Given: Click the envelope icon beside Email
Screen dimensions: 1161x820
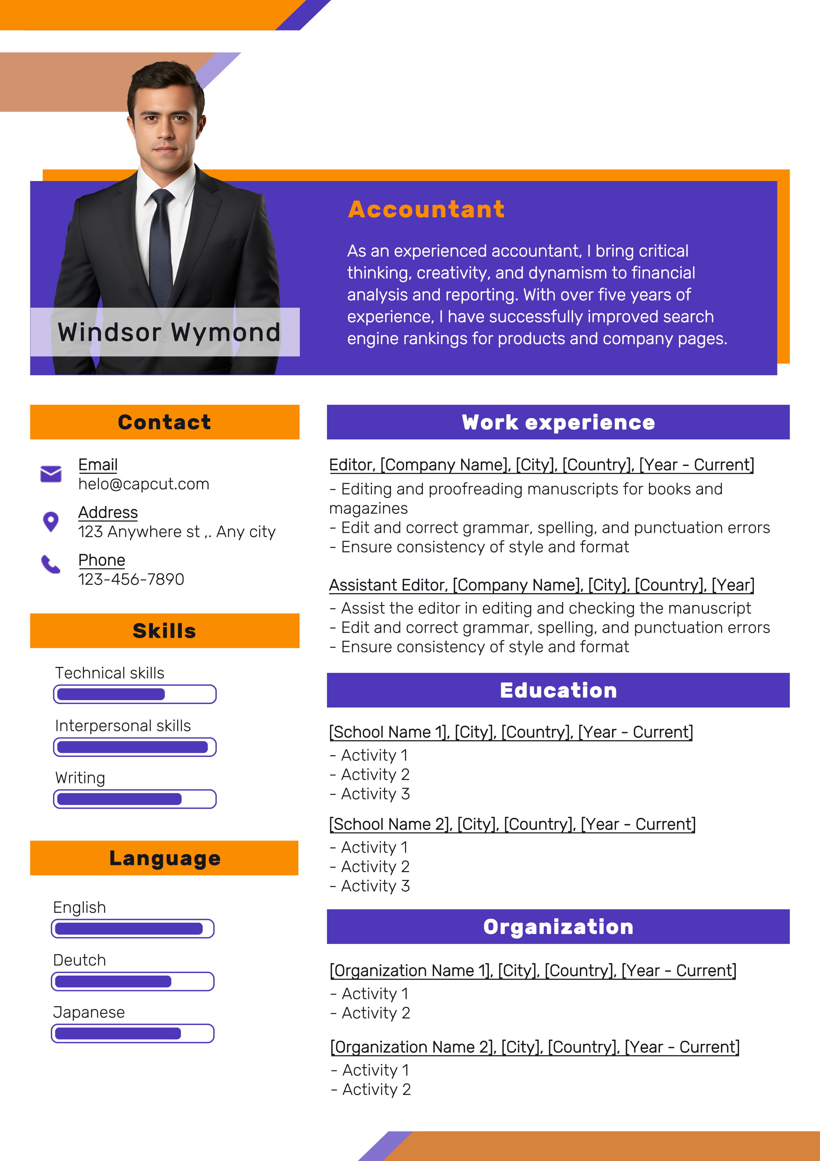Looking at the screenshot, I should click(x=51, y=474).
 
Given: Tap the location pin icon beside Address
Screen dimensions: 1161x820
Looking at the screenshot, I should click(x=51, y=521).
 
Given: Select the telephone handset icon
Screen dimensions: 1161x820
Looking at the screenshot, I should click(x=51, y=564).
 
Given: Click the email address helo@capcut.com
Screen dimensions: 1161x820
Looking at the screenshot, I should click(x=143, y=484).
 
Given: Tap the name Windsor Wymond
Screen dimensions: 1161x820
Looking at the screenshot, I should click(x=169, y=332).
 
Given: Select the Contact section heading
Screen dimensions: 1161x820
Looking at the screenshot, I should click(x=165, y=422).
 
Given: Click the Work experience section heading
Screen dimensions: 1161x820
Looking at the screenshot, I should click(x=558, y=422).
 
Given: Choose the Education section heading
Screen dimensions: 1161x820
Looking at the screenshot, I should click(x=558, y=690).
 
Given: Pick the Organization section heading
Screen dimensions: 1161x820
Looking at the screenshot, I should click(x=558, y=927).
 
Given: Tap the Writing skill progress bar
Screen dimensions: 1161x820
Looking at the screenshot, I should click(x=135, y=799).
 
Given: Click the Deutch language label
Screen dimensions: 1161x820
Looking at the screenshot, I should click(x=80, y=960).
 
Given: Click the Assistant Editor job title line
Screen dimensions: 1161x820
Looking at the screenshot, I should click(x=541, y=585).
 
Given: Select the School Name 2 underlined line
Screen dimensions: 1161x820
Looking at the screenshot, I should click(x=512, y=824).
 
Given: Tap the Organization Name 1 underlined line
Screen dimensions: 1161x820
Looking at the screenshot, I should click(x=533, y=970).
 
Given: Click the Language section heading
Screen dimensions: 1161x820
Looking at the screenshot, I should click(x=165, y=858).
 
